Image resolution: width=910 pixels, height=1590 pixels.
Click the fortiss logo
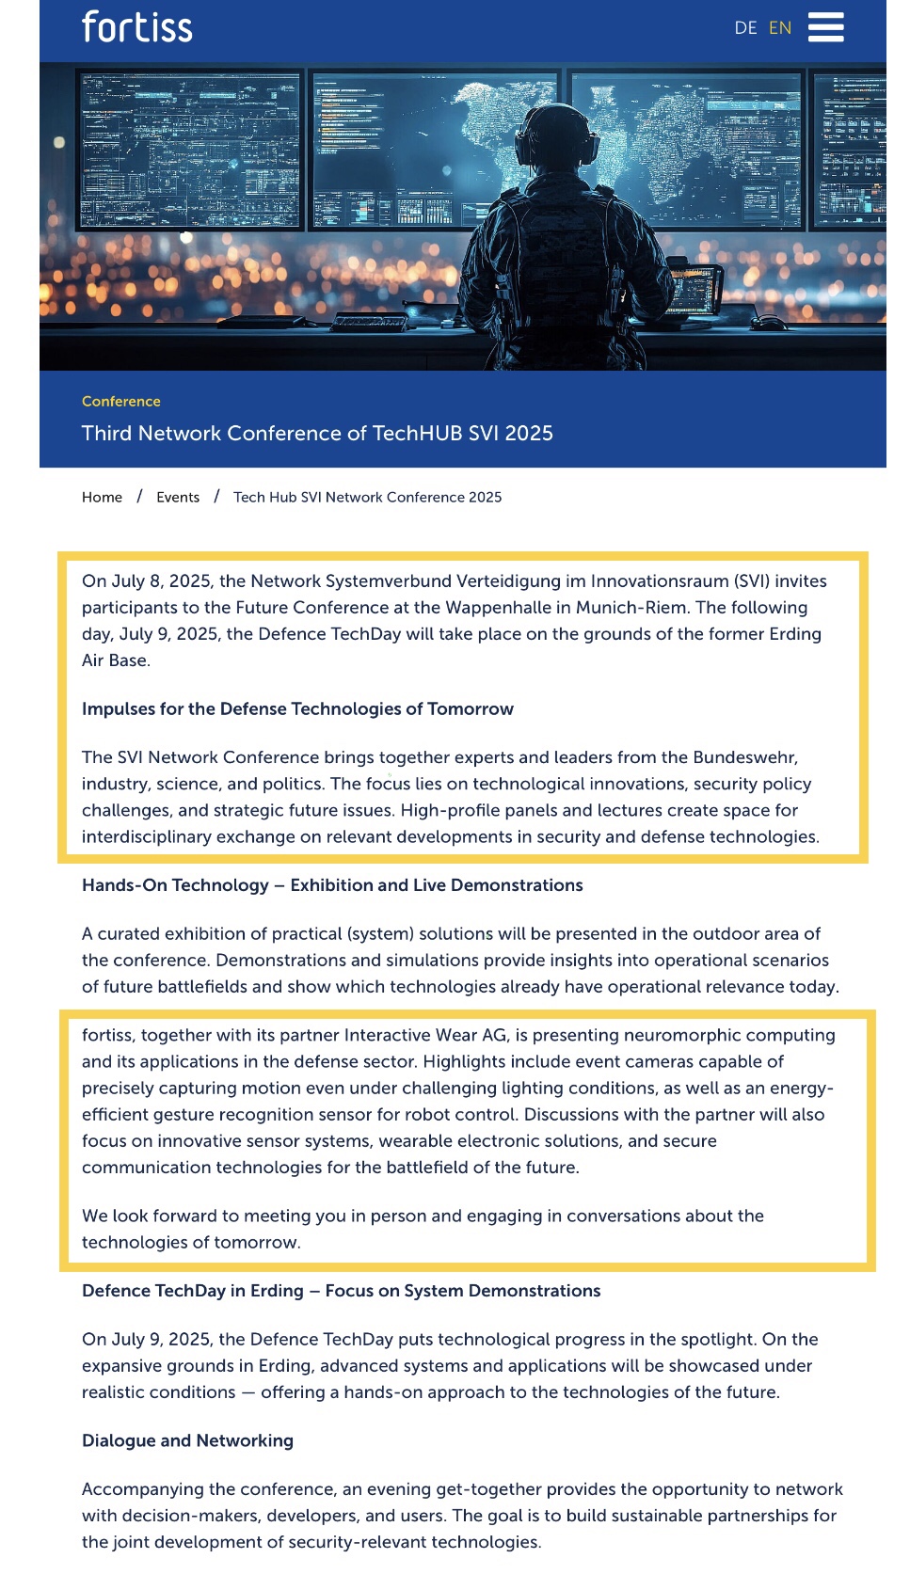(x=136, y=27)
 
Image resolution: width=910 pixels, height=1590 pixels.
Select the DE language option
(x=745, y=28)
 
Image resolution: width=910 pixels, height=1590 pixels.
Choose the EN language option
(x=780, y=28)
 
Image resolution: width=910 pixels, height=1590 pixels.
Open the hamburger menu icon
(x=825, y=27)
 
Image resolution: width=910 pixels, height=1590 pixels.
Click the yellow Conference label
(x=121, y=401)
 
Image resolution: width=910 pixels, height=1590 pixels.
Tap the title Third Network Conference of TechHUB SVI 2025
(x=317, y=433)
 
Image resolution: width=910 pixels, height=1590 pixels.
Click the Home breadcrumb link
(x=102, y=497)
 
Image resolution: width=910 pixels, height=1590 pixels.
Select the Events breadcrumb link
(x=178, y=497)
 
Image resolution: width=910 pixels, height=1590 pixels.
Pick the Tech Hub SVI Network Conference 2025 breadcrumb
(x=367, y=497)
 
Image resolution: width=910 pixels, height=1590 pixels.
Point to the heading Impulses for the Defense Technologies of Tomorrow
(x=297, y=708)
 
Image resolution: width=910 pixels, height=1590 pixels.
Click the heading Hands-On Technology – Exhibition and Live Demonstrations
(x=332, y=885)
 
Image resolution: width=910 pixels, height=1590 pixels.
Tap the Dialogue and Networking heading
(x=187, y=1440)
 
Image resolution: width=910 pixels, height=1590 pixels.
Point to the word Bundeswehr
(x=744, y=757)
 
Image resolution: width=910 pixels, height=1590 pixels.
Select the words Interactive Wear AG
(x=425, y=1035)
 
